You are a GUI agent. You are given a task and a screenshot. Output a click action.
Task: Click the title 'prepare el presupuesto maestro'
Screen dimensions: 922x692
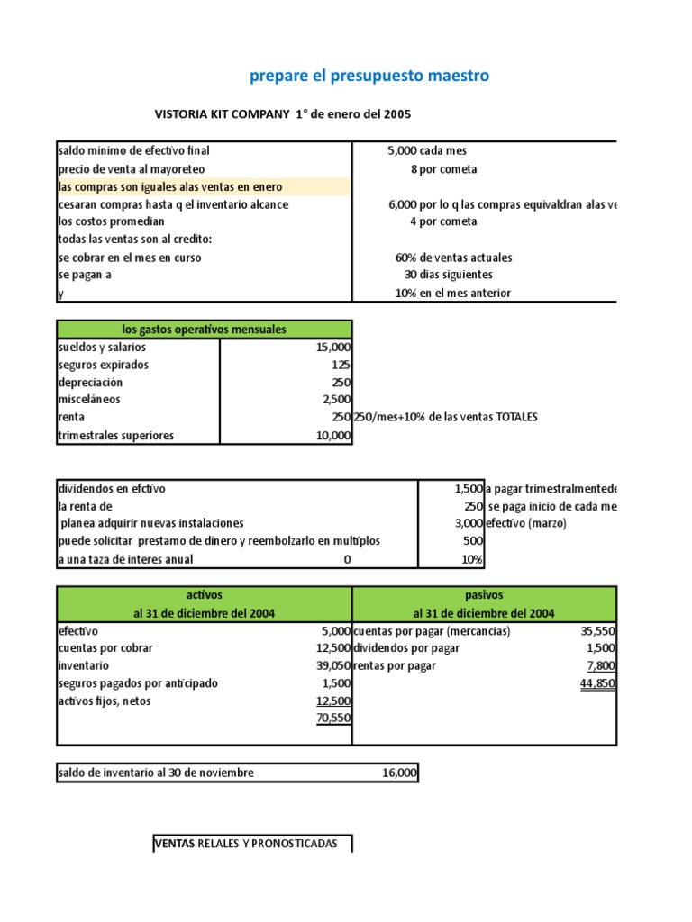tap(369, 76)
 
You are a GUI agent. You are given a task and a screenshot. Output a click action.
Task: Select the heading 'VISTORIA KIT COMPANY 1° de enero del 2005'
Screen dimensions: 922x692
tap(284, 114)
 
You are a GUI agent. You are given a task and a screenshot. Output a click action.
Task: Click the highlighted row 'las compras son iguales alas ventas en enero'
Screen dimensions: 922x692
tap(169, 186)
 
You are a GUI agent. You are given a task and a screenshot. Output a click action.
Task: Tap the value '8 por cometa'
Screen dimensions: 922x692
tap(443, 168)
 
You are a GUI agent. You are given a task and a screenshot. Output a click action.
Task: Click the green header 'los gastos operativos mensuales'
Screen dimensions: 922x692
tap(205, 330)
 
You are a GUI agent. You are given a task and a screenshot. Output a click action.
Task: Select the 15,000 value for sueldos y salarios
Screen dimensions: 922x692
tap(332, 347)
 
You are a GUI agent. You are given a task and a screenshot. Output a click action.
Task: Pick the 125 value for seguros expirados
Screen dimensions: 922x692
tap(341, 365)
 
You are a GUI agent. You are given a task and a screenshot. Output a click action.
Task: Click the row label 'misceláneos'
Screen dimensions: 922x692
tap(89, 399)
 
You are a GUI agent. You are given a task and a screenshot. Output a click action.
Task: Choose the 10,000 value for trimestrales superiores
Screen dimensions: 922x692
tap(332, 435)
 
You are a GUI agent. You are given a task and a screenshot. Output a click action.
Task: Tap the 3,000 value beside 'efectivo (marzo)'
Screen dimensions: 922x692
tap(469, 523)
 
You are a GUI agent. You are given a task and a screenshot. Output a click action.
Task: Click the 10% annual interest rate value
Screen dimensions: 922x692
tap(472, 559)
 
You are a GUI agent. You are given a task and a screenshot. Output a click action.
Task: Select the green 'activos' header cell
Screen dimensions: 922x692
tap(205, 595)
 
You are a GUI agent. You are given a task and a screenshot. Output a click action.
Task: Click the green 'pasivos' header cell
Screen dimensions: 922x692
tap(484, 595)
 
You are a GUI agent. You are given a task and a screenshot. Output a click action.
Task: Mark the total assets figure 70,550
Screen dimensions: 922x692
tap(332, 718)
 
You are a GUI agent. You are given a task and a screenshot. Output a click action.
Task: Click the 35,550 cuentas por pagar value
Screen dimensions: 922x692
tap(597, 631)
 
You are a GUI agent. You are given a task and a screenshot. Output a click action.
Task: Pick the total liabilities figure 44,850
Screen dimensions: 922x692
tap(597, 683)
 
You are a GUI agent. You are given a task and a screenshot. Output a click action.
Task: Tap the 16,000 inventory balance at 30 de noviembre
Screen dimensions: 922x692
tap(400, 773)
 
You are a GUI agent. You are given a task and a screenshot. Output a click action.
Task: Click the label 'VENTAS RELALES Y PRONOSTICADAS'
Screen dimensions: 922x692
tap(247, 844)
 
